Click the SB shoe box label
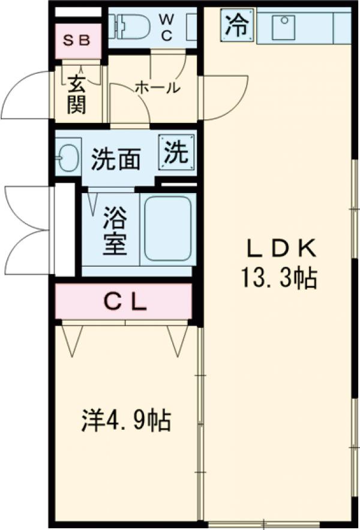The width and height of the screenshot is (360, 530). [77, 41]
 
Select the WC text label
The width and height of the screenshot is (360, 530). [166, 28]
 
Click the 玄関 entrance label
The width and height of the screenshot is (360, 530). [76, 94]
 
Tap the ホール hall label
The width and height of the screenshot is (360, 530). [157, 88]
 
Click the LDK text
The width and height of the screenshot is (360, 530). [278, 248]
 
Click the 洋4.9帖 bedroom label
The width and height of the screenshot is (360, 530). [126, 420]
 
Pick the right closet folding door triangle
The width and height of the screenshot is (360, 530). [176, 340]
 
